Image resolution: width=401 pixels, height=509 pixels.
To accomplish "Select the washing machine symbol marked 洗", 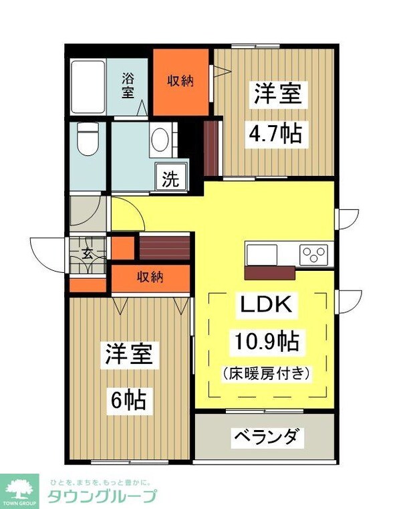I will [x=171, y=179].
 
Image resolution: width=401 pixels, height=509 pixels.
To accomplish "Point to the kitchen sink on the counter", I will [x=261, y=255].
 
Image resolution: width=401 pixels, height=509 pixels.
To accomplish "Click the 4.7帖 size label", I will [x=276, y=133].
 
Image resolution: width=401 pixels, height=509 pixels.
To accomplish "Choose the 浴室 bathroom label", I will [x=128, y=86].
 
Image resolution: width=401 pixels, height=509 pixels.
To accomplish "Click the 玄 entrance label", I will [x=88, y=253].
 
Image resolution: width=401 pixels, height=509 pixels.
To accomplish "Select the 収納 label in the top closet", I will [x=180, y=81].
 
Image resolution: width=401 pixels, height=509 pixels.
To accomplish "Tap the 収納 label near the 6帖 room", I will [x=151, y=277].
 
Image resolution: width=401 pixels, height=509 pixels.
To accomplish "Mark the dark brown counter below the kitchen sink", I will [x=271, y=272].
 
